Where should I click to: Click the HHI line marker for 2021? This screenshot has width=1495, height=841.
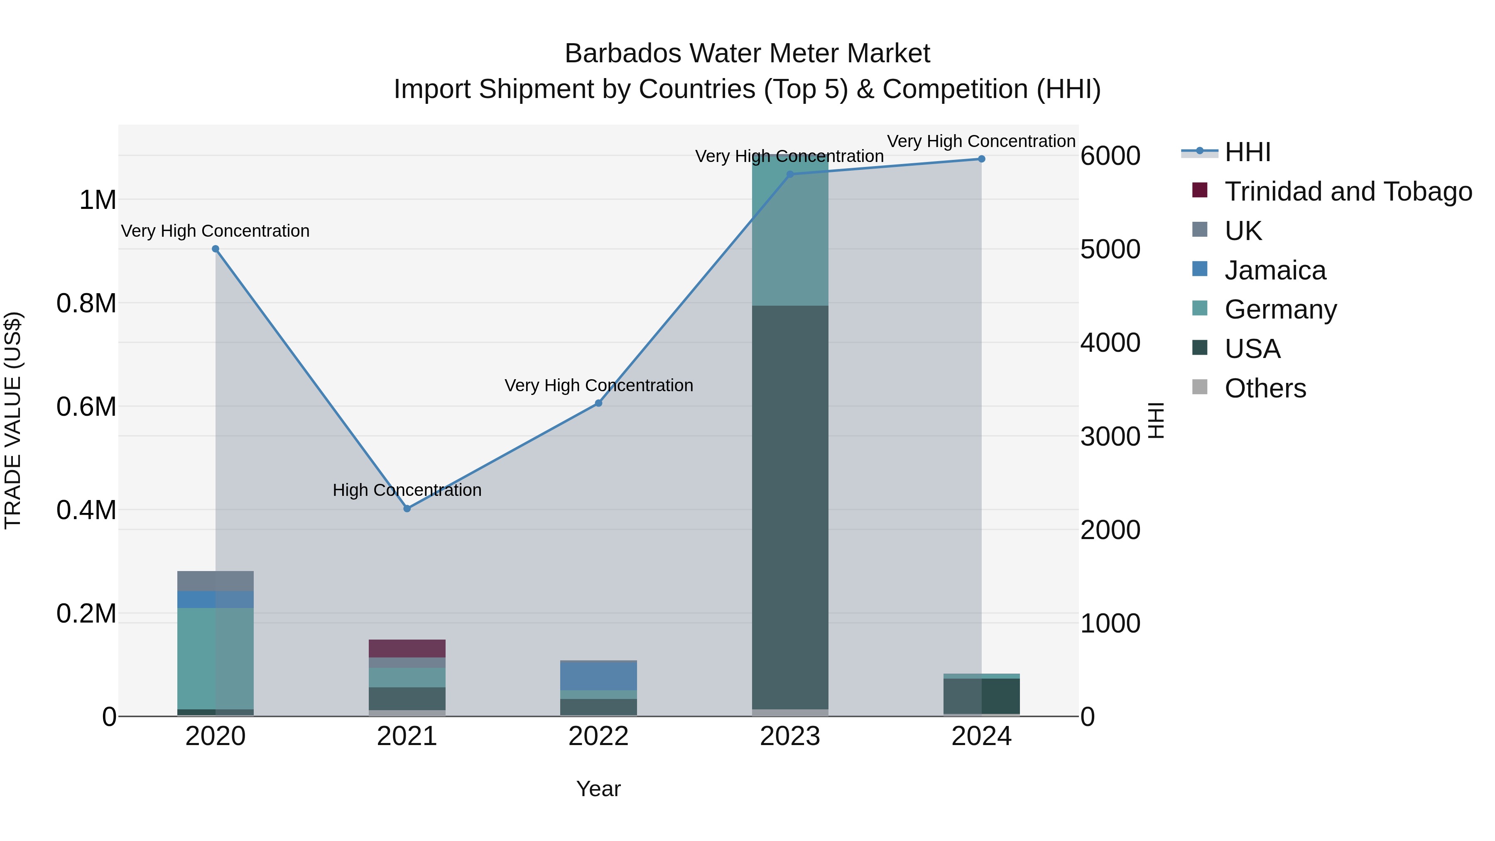click(x=407, y=508)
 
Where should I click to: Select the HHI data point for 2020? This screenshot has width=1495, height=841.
click(x=215, y=249)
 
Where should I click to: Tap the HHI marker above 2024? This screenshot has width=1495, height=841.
click(x=981, y=159)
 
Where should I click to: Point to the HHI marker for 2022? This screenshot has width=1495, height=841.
click(x=598, y=403)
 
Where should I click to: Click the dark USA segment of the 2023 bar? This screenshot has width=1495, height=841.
click(x=790, y=505)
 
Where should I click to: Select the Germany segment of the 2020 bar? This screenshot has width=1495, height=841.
click(x=215, y=659)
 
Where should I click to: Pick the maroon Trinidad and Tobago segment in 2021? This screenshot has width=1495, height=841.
click(x=407, y=648)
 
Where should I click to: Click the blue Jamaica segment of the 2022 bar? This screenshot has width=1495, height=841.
click(x=598, y=676)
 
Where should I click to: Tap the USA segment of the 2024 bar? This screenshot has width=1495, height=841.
click(x=981, y=695)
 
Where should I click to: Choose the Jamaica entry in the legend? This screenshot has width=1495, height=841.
click(x=1274, y=270)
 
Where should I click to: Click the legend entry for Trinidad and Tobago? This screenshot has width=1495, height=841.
click(x=1348, y=191)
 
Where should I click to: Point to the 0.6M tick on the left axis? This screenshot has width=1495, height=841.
click(x=86, y=406)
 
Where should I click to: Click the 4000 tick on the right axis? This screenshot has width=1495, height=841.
click(x=1110, y=343)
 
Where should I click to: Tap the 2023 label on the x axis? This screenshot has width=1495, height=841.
click(x=790, y=736)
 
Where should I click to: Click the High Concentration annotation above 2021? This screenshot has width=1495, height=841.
click(x=407, y=490)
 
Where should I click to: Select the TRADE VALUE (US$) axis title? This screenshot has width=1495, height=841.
click(x=13, y=420)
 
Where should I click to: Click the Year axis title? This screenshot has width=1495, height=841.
click(x=598, y=789)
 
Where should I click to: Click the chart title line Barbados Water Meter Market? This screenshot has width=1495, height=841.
click(x=747, y=54)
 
